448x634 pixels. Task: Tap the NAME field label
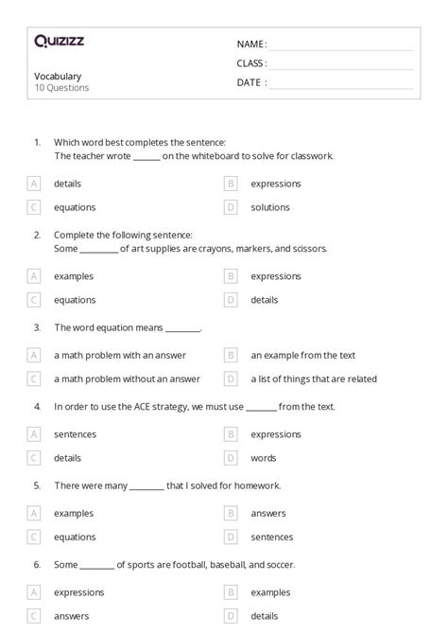250,44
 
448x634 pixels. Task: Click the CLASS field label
251,63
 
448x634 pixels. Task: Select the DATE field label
250,82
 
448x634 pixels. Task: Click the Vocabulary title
58,76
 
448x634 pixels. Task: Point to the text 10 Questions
61,88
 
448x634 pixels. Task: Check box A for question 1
34,184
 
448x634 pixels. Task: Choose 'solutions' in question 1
270,207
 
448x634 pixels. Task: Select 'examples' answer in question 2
75,276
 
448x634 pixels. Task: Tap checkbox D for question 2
231,300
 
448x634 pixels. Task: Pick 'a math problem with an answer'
120,355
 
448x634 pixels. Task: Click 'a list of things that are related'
314,379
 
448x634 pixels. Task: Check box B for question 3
231,355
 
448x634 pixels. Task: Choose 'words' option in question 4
264,457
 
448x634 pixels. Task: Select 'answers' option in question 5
268,512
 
